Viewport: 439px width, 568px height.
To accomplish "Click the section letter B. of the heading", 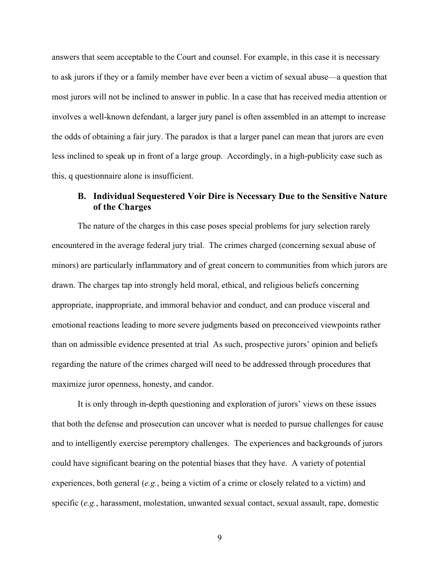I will click(83, 196).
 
